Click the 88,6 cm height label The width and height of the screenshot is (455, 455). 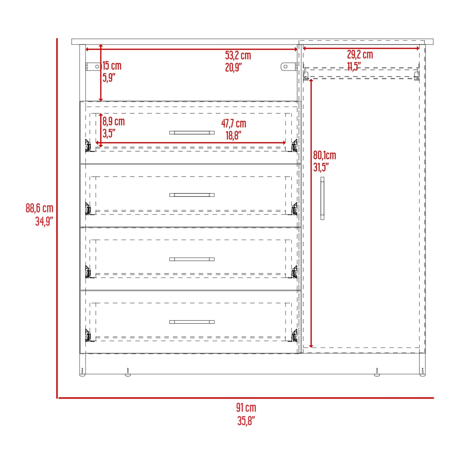point(39,208)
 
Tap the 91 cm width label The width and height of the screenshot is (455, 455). point(246,408)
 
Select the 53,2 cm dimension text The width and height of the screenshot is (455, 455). point(238,56)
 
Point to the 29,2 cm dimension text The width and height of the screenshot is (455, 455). point(360,55)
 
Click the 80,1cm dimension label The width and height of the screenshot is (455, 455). point(325,155)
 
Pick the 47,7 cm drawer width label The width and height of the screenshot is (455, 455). point(234,123)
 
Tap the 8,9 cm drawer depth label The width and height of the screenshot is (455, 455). point(113,121)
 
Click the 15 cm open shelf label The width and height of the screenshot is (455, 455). point(112,66)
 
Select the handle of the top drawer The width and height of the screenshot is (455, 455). point(192,133)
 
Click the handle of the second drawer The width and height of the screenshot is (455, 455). point(192,195)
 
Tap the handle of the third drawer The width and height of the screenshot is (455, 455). point(192,259)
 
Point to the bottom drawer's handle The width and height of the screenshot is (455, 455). point(192,322)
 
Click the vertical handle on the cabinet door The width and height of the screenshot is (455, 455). point(322,198)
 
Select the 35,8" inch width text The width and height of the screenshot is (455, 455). point(246,421)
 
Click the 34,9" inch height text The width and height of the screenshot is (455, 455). point(44,221)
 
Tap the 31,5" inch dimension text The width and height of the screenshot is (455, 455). point(321,167)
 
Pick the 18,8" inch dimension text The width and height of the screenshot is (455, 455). point(233,136)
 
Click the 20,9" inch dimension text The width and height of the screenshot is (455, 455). point(233,67)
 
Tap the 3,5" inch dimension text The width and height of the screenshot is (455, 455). point(109,133)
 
